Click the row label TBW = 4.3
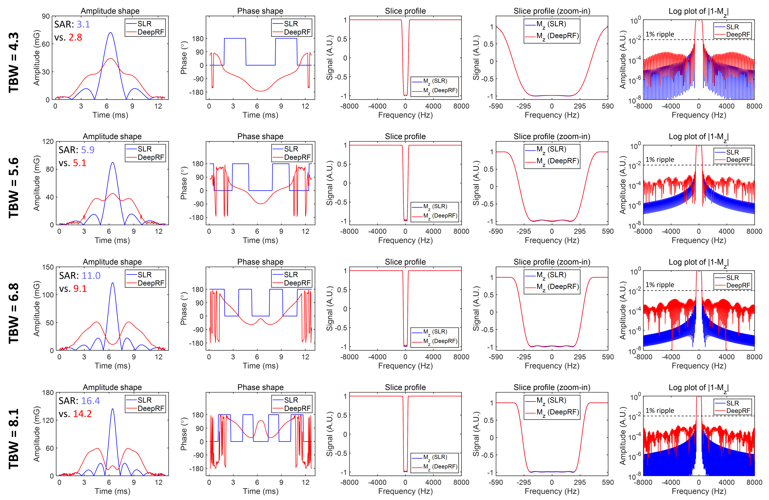click(14, 62)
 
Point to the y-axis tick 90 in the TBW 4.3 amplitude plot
click(46, 16)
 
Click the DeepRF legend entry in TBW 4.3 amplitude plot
click(151, 32)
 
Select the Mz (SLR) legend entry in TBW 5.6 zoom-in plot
click(551, 149)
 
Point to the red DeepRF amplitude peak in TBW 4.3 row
click(110, 59)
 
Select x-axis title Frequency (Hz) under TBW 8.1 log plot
click(699, 491)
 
